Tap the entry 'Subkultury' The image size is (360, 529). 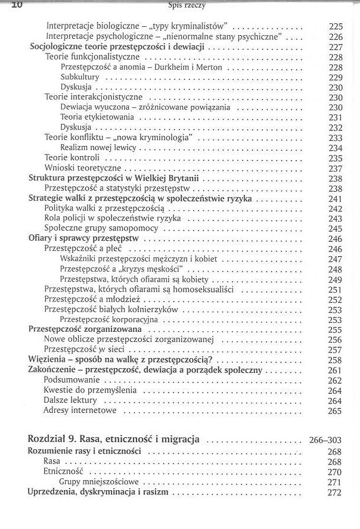point(80,77)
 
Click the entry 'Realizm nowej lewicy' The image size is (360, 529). point(98,148)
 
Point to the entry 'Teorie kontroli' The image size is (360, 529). point(72,158)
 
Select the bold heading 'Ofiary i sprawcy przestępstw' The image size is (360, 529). point(84,238)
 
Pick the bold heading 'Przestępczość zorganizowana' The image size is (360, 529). point(85,329)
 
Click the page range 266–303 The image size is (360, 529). point(325,440)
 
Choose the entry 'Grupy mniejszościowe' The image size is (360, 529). point(99,481)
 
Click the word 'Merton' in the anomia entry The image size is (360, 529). point(209,67)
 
